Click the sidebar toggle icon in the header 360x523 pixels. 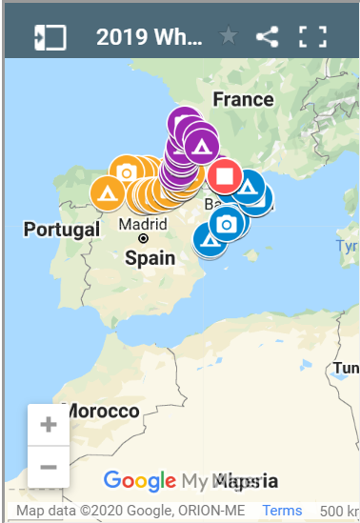50,37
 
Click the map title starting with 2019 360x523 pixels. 149,37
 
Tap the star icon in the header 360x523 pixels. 228,37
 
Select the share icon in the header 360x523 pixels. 268,37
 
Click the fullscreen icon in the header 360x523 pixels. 312,37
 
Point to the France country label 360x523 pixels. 243,99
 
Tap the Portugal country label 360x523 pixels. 62,230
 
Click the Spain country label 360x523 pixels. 150,257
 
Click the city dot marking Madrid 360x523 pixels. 143,238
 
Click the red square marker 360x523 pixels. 225,176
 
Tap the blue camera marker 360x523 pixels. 226,224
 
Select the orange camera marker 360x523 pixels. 126,172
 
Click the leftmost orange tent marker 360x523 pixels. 107,192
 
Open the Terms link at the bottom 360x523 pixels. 282,511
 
